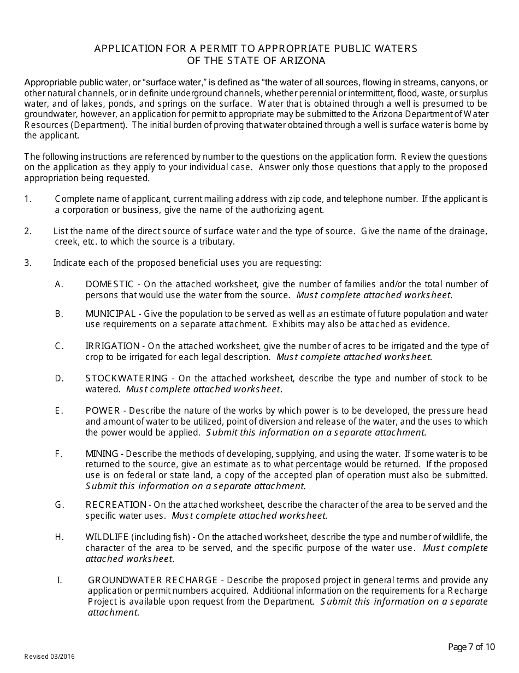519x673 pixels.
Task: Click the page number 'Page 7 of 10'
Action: coord(471,647)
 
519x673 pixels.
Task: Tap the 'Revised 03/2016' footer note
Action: coord(49,657)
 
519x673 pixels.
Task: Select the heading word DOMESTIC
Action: coord(109,284)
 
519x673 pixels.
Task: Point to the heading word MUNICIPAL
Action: coord(110,314)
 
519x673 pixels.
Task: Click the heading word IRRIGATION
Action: coord(113,346)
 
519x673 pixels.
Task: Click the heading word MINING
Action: coord(102,454)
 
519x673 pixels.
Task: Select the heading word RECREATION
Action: coord(116,504)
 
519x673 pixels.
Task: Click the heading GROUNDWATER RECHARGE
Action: coord(153,580)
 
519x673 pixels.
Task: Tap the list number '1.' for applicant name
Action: coord(28,199)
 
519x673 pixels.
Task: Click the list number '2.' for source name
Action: coord(28,231)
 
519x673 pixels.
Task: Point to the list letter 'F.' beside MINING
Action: coord(59,454)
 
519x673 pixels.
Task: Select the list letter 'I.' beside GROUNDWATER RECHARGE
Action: coord(59,580)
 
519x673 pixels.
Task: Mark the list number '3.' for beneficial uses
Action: coord(28,263)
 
